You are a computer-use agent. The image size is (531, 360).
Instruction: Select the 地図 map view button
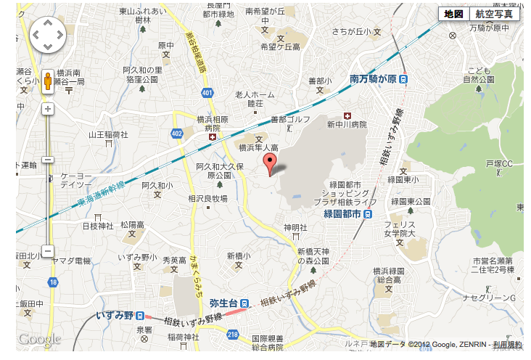click(453, 14)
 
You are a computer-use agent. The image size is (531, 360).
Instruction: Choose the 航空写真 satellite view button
click(494, 14)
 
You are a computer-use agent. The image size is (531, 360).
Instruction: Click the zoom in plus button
click(48, 109)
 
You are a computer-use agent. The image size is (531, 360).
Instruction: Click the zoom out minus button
click(48, 251)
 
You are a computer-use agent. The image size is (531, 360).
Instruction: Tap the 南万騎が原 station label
click(373, 78)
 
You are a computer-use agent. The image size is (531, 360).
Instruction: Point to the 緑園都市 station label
click(342, 214)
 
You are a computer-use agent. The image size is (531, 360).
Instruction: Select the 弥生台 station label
click(224, 303)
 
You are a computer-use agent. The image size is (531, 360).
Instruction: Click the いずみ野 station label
click(115, 315)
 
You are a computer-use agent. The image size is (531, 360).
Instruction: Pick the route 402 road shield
click(177, 133)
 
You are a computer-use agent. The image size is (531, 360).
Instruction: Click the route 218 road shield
click(232, 333)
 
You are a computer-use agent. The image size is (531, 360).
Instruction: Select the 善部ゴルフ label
click(289, 119)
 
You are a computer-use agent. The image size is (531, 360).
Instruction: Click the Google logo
click(39, 339)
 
